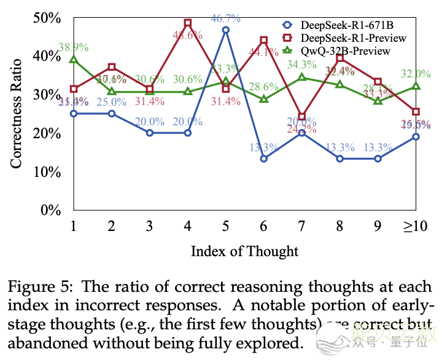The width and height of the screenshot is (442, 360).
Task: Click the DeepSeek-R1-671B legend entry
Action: click(x=346, y=25)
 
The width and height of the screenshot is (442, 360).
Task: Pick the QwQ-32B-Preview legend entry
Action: click(x=345, y=50)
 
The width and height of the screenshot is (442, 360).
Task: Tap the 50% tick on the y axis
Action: click(x=47, y=18)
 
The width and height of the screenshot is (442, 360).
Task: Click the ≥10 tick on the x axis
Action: click(x=416, y=227)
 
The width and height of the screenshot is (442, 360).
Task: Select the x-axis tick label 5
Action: click(x=226, y=227)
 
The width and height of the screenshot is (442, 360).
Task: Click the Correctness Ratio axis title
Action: click(x=17, y=114)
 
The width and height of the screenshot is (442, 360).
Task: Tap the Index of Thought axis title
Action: click(x=244, y=251)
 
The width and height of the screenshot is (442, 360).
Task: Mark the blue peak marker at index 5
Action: click(x=226, y=29)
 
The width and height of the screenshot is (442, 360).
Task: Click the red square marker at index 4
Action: click(x=188, y=23)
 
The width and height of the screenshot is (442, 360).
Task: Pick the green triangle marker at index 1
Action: click(x=74, y=60)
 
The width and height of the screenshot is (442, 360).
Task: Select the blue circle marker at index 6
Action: click(x=264, y=158)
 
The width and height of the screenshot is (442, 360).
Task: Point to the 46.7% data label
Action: click(x=226, y=18)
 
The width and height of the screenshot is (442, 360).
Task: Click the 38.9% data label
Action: click(x=74, y=47)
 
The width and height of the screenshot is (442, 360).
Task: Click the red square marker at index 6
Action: click(x=264, y=40)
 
